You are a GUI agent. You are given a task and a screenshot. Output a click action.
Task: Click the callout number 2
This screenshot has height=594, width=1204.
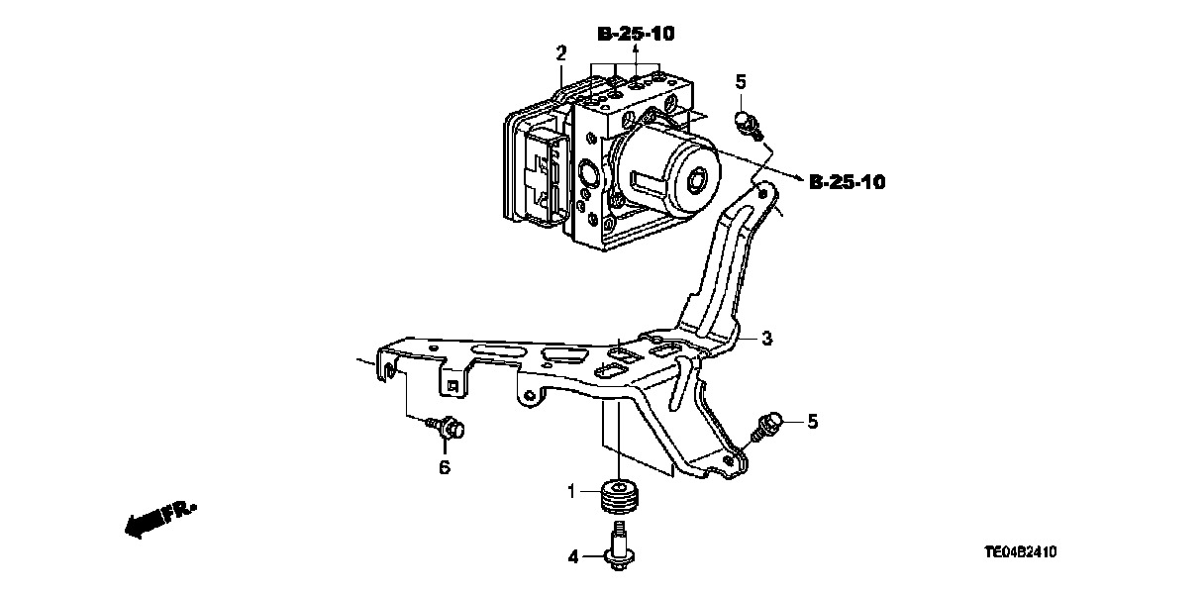pos(560,52)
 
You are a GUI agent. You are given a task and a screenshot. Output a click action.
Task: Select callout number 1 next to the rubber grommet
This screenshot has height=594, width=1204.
pos(571,491)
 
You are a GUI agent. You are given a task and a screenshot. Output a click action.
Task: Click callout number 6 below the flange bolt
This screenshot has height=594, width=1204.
pos(444,466)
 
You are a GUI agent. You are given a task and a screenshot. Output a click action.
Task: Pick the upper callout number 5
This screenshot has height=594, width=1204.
pos(740,82)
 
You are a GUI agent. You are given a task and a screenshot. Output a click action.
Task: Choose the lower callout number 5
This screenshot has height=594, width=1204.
pos(812,422)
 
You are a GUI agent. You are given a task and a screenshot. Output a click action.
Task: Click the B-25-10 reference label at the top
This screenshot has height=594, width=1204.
pos(636,34)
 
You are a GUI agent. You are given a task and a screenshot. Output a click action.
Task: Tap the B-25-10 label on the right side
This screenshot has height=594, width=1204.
pos(847,182)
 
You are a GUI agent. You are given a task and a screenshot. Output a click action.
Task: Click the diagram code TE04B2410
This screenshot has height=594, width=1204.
pos(1028,551)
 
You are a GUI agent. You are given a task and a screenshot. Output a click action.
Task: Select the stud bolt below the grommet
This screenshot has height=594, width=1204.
pos(620,550)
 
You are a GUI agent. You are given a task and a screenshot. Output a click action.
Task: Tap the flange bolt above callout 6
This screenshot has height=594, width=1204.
pos(451,429)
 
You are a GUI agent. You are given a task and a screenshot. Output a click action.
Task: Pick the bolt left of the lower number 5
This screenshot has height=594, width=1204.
pos(770,428)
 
